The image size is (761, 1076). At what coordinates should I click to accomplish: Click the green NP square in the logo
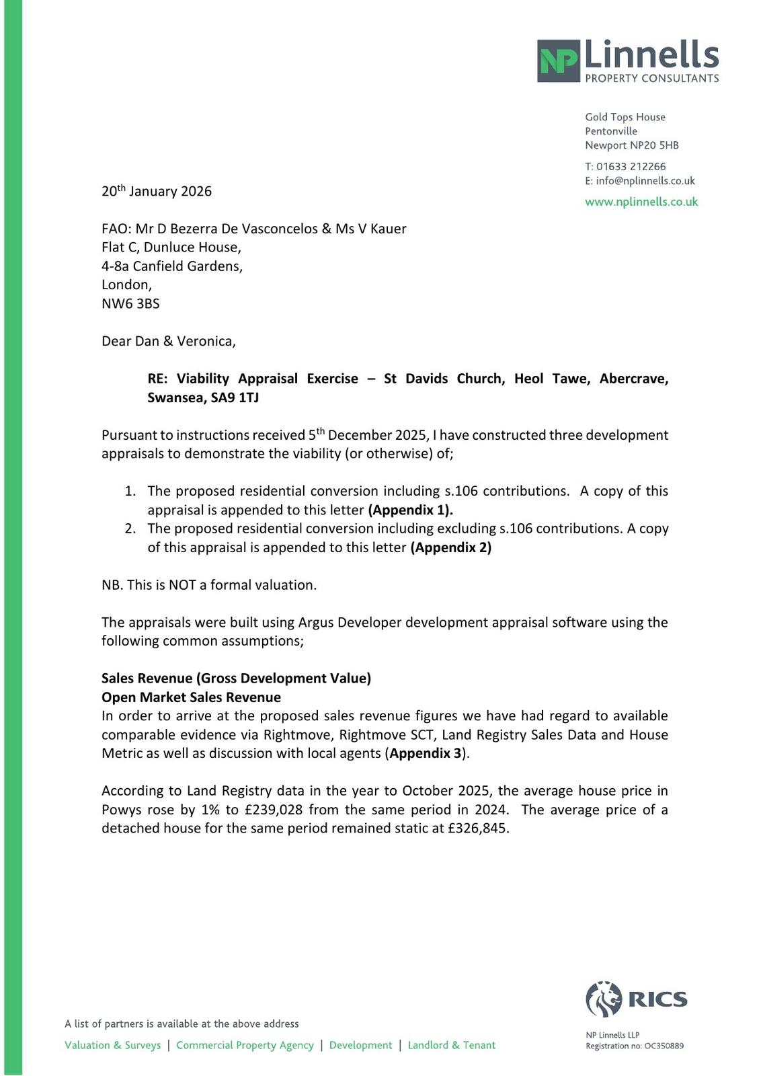(x=559, y=61)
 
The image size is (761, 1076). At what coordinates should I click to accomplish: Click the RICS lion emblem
(x=604, y=998)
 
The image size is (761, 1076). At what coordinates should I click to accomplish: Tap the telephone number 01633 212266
(x=631, y=166)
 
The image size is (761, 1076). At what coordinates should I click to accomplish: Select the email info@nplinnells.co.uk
(x=645, y=181)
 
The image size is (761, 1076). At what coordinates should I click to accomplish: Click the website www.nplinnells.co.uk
(x=641, y=202)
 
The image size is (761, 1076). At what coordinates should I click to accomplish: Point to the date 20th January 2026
(x=157, y=192)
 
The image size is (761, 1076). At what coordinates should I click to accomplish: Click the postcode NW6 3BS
(x=130, y=303)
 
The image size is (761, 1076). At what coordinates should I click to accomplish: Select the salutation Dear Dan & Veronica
(x=168, y=341)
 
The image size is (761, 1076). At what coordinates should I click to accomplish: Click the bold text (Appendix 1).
(x=410, y=510)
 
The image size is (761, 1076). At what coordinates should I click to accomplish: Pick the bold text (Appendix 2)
(x=450, y=547)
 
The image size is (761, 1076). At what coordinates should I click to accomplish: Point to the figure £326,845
(x=477, y=829)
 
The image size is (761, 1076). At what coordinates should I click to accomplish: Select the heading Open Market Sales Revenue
(x=191, y=697)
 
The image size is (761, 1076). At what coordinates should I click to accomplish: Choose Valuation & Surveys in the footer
(x=112, y=1045)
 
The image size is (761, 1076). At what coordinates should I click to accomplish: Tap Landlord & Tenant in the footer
(x=451, y=1045)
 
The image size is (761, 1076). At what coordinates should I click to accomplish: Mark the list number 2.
(x=130, y=529)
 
